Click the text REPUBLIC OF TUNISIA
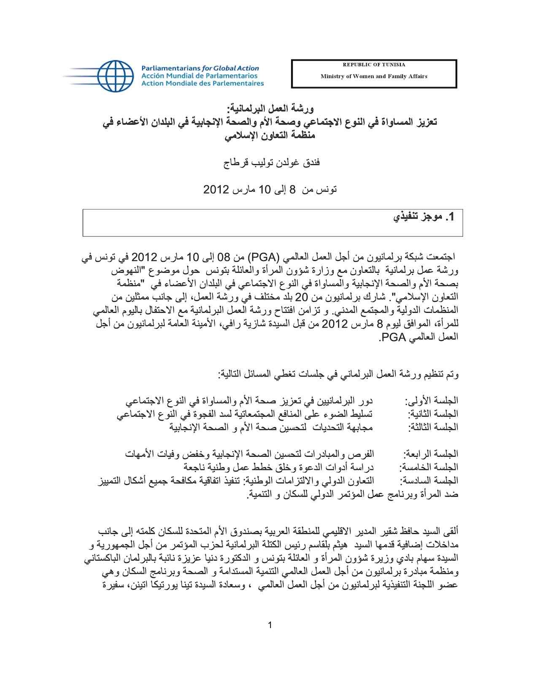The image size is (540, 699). tap(374, 65)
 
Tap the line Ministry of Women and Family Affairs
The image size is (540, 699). tap(374, 76)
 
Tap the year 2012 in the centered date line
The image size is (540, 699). tap(216, 190)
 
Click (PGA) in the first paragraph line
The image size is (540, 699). tap(261, 257)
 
